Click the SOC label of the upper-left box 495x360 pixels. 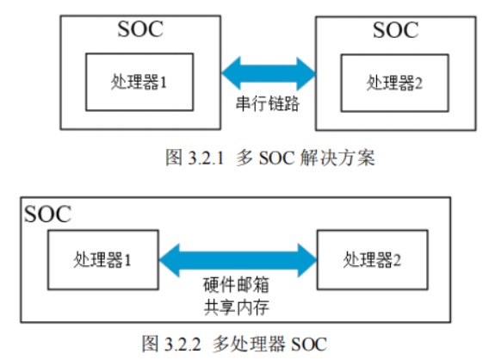pos(140,29)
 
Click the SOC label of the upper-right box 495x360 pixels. pos(396,30)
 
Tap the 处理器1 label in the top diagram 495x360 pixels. pos(139,82)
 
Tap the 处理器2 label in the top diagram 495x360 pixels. pos(394,83)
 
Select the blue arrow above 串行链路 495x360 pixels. pos(269,73)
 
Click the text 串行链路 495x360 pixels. pos(268,103)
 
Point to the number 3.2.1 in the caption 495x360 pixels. pos(206,158)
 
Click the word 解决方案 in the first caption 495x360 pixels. pos(337,158)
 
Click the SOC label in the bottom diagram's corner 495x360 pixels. pos(47,214)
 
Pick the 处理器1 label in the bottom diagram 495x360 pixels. pos(102,260)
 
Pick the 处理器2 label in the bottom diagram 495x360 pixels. pos(372,260)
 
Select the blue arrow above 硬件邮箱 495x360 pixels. pos(238,260)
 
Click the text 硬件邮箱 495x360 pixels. pos(236,284)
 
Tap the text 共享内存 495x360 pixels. pos(236,307)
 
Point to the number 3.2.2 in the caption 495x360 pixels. pos(183,344)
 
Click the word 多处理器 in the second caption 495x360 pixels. pos(249,344)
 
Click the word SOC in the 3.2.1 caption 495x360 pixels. pos(277,158)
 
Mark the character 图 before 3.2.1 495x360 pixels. pos(174,158)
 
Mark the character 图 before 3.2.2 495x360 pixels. pos(150,344)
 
